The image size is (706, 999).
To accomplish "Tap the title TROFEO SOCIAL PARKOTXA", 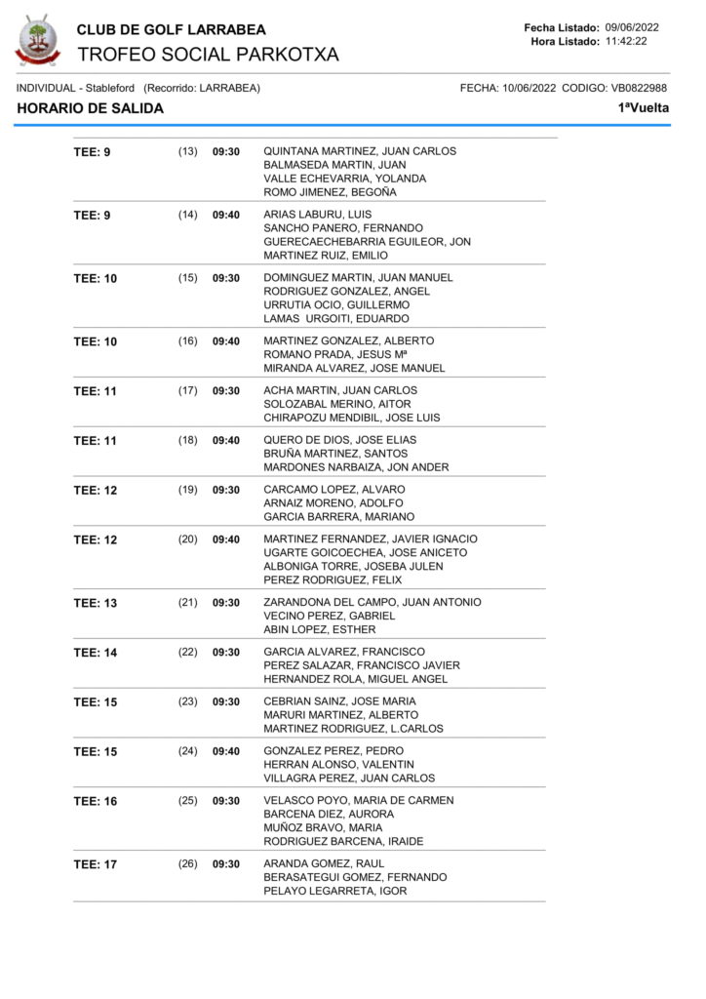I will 208,55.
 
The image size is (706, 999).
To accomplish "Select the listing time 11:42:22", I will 626,41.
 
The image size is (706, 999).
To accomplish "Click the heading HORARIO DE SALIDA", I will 91,108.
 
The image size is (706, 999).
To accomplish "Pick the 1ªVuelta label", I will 644,108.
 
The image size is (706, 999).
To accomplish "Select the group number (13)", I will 187,151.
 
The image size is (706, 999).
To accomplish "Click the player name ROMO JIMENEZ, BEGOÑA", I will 330,192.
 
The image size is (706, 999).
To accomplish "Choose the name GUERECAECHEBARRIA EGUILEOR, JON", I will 367,242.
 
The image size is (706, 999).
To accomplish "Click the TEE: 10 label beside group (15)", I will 96,278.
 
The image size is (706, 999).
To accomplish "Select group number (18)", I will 187,440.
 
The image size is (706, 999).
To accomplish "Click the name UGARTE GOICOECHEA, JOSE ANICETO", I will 366,552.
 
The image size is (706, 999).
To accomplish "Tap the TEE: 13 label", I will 96,603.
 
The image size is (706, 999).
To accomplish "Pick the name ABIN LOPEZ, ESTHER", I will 320,629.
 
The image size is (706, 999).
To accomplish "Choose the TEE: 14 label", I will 96,652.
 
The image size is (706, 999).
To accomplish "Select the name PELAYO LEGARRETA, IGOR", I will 335,891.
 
